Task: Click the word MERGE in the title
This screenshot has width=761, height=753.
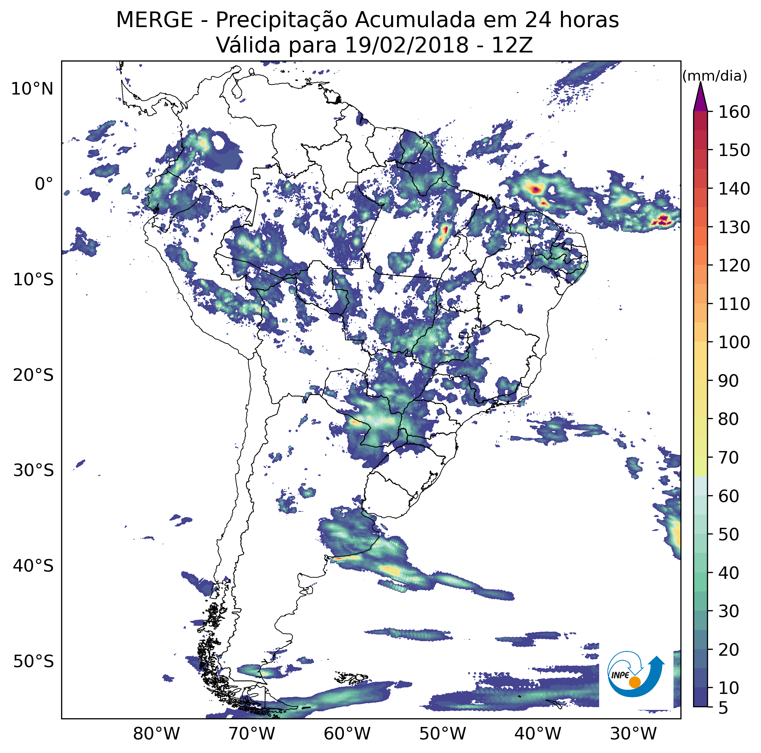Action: tap(155, 20)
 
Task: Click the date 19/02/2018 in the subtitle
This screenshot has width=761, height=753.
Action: tap(406, 45)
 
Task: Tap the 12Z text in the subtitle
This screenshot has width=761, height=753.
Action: tap(512, 45)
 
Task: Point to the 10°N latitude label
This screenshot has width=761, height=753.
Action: tap(32, 89)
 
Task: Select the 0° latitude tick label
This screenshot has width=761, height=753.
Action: tap(44, 184)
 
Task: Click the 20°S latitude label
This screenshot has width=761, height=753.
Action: tap(33, 376)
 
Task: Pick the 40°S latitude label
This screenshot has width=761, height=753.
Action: tap(33, 566)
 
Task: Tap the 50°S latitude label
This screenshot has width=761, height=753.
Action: tap(33, 662)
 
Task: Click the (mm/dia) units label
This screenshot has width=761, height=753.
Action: tap(714, 76)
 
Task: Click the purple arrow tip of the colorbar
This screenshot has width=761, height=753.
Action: tap(700, 82)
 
